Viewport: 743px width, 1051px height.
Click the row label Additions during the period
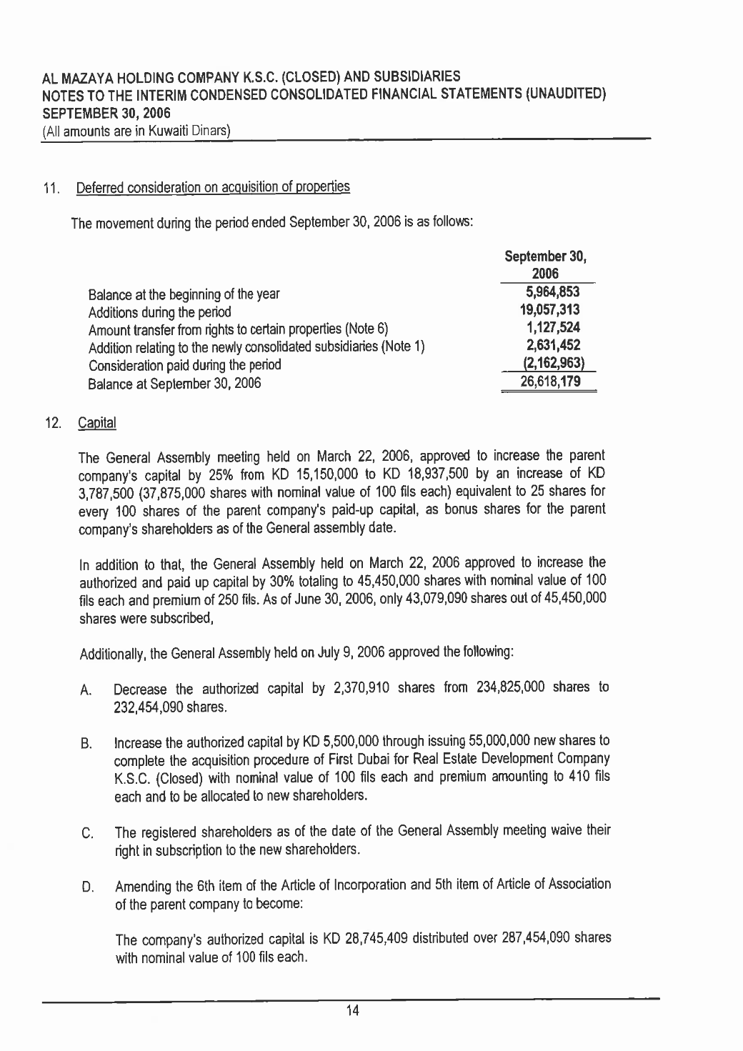coord(159,312)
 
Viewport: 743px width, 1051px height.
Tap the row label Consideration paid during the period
coord(184,365)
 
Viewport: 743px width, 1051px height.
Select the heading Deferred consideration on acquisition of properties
coord(212,188)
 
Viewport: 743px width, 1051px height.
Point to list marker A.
coord(84,691)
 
